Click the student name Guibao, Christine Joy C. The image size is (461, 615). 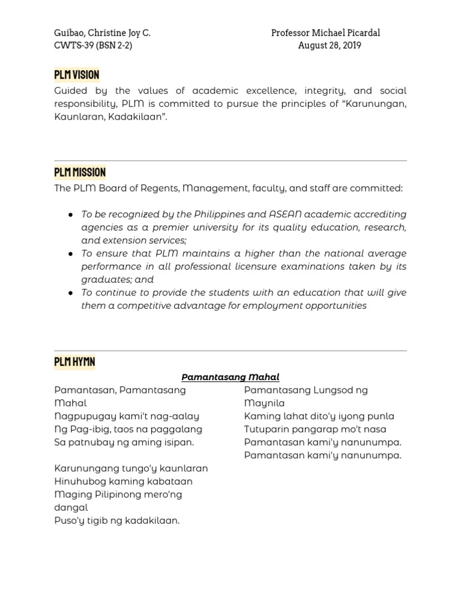(x=102, y=33)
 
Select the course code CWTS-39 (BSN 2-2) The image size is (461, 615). (x=93, y=46)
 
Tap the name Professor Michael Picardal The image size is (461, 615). (x=325, y=33)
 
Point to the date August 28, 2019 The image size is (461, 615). (x=330, y=46)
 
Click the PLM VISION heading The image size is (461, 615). (x=76, y=75)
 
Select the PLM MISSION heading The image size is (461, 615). (x=80, y=173)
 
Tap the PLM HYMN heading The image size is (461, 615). (x=74, y=362)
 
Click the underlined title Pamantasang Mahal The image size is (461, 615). (x=230, y=377)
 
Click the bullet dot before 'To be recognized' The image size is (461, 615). (x=71, y=214)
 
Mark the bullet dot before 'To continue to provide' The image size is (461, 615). (x=71, y=292)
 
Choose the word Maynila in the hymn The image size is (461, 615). (x=264, y=404)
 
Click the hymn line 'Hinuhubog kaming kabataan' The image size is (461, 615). (x=123, y=482)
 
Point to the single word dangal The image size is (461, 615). (x=71, y=507)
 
